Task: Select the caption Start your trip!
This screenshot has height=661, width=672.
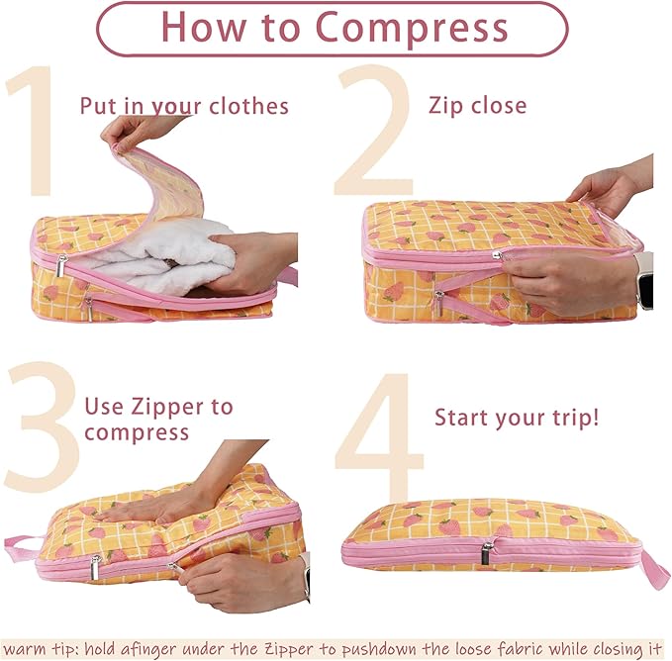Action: pos(517,417)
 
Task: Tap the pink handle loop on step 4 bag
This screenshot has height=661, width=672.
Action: pos(654,567)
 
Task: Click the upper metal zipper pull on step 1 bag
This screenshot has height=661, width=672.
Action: pos(61,264)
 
